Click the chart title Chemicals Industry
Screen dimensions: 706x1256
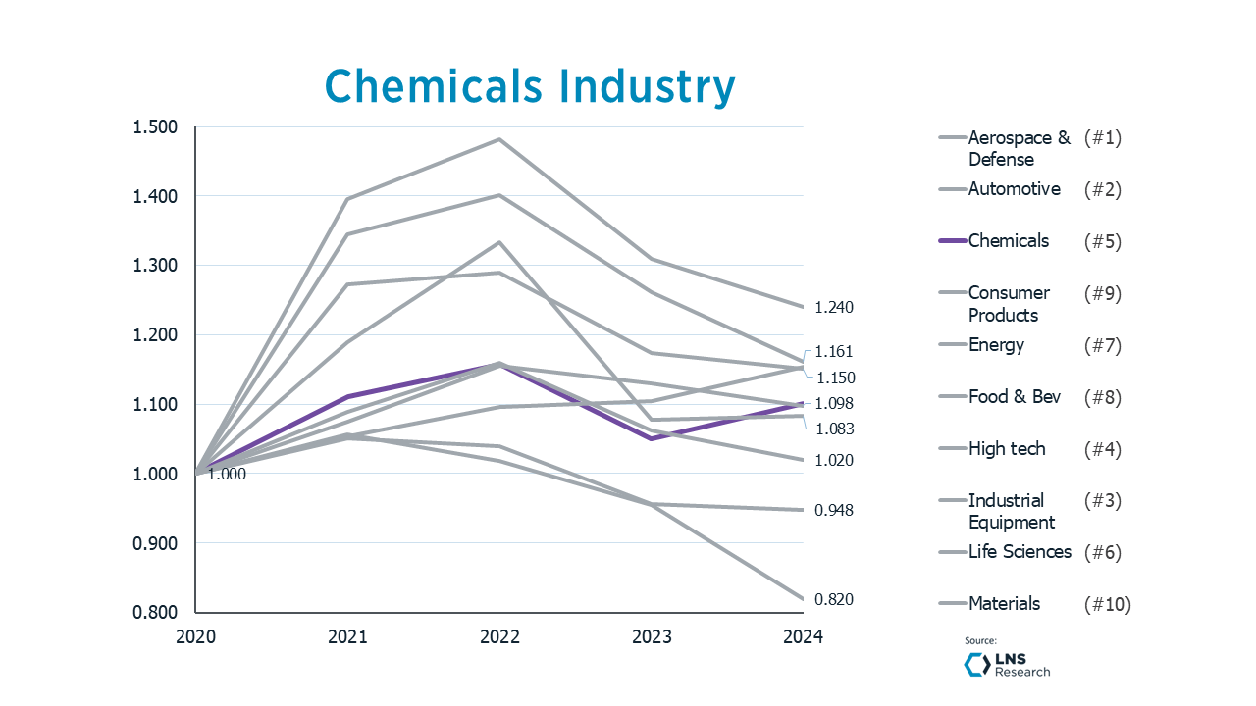[530, 86]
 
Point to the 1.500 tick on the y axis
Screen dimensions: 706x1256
[156, 127]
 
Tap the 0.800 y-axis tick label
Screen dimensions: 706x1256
[156, 613]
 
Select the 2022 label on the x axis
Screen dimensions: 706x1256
[499, 636]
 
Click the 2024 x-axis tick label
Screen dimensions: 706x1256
[804, 636]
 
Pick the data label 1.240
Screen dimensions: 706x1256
[834, 308]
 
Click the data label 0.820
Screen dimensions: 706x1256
[834, 600]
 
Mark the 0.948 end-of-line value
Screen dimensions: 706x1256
[834, 511]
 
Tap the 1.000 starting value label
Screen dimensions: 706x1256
[227, 475]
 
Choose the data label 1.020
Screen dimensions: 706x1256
[834, 461]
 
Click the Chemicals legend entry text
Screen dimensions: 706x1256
[1008, 241]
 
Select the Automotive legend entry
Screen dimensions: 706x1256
[1014, 189]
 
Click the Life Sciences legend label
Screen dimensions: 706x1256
[1020, 552]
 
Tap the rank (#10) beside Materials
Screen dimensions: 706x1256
[1107, 604]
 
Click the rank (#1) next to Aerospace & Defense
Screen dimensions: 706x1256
[1102, 138]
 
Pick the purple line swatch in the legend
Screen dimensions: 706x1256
[952, 241]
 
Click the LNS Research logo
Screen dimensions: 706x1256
[1007, 665]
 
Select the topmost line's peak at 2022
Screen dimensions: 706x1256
[499, 139]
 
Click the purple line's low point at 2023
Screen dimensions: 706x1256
[652, 438]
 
